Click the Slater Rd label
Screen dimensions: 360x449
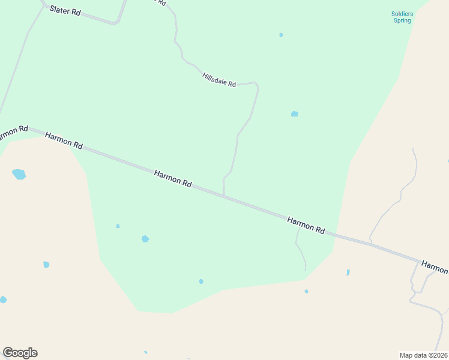point(65,10)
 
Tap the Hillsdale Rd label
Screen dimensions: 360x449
point(219,79)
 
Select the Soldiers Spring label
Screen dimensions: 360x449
point(402,17)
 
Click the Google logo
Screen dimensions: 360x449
point(20,353)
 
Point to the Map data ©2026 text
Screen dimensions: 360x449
point(424,355)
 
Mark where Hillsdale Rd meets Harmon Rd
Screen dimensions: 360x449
point(224,196)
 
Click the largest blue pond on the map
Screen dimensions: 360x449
point(19,175)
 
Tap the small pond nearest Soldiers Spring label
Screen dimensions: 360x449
point(281,35)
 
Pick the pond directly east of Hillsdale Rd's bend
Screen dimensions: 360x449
point(295,114)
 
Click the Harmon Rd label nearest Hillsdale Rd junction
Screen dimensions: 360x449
point(173,178)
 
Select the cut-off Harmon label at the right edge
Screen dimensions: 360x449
point(434,266)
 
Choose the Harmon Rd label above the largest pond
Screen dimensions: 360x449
point(64,140)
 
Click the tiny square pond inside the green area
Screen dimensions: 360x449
point(118,226)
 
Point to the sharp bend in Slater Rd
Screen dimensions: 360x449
point(116,23)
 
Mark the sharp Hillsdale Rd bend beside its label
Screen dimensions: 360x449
point(257,85)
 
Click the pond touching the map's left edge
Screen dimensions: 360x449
point(2,299)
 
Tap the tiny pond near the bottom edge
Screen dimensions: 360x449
point(145,352)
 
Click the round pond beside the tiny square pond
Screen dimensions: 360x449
point(145,239)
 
